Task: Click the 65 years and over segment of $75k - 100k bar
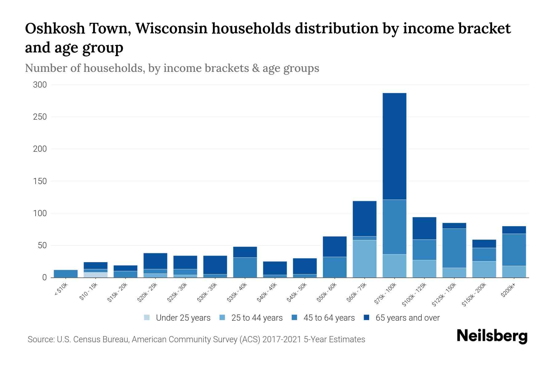tap(394, 146)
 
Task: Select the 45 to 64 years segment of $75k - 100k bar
tap(394, 227)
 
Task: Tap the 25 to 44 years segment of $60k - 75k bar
tap(364, 259)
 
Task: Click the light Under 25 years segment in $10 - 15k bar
tap(95, 275)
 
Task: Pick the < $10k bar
tap(66, 273)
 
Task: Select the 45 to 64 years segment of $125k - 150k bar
tap(454, 248)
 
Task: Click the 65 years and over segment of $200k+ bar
tap(514, 230)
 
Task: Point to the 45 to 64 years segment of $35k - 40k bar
tap(245, 267)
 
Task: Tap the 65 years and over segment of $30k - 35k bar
tap(215, 265)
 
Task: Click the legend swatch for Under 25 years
tap(147, 318)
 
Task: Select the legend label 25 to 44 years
tap(257, 318)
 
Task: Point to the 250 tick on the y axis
tap(40, 117)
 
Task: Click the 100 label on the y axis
tap(40, 213)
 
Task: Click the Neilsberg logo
tap(492, 336)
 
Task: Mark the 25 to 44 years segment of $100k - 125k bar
tap(424, 269)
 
